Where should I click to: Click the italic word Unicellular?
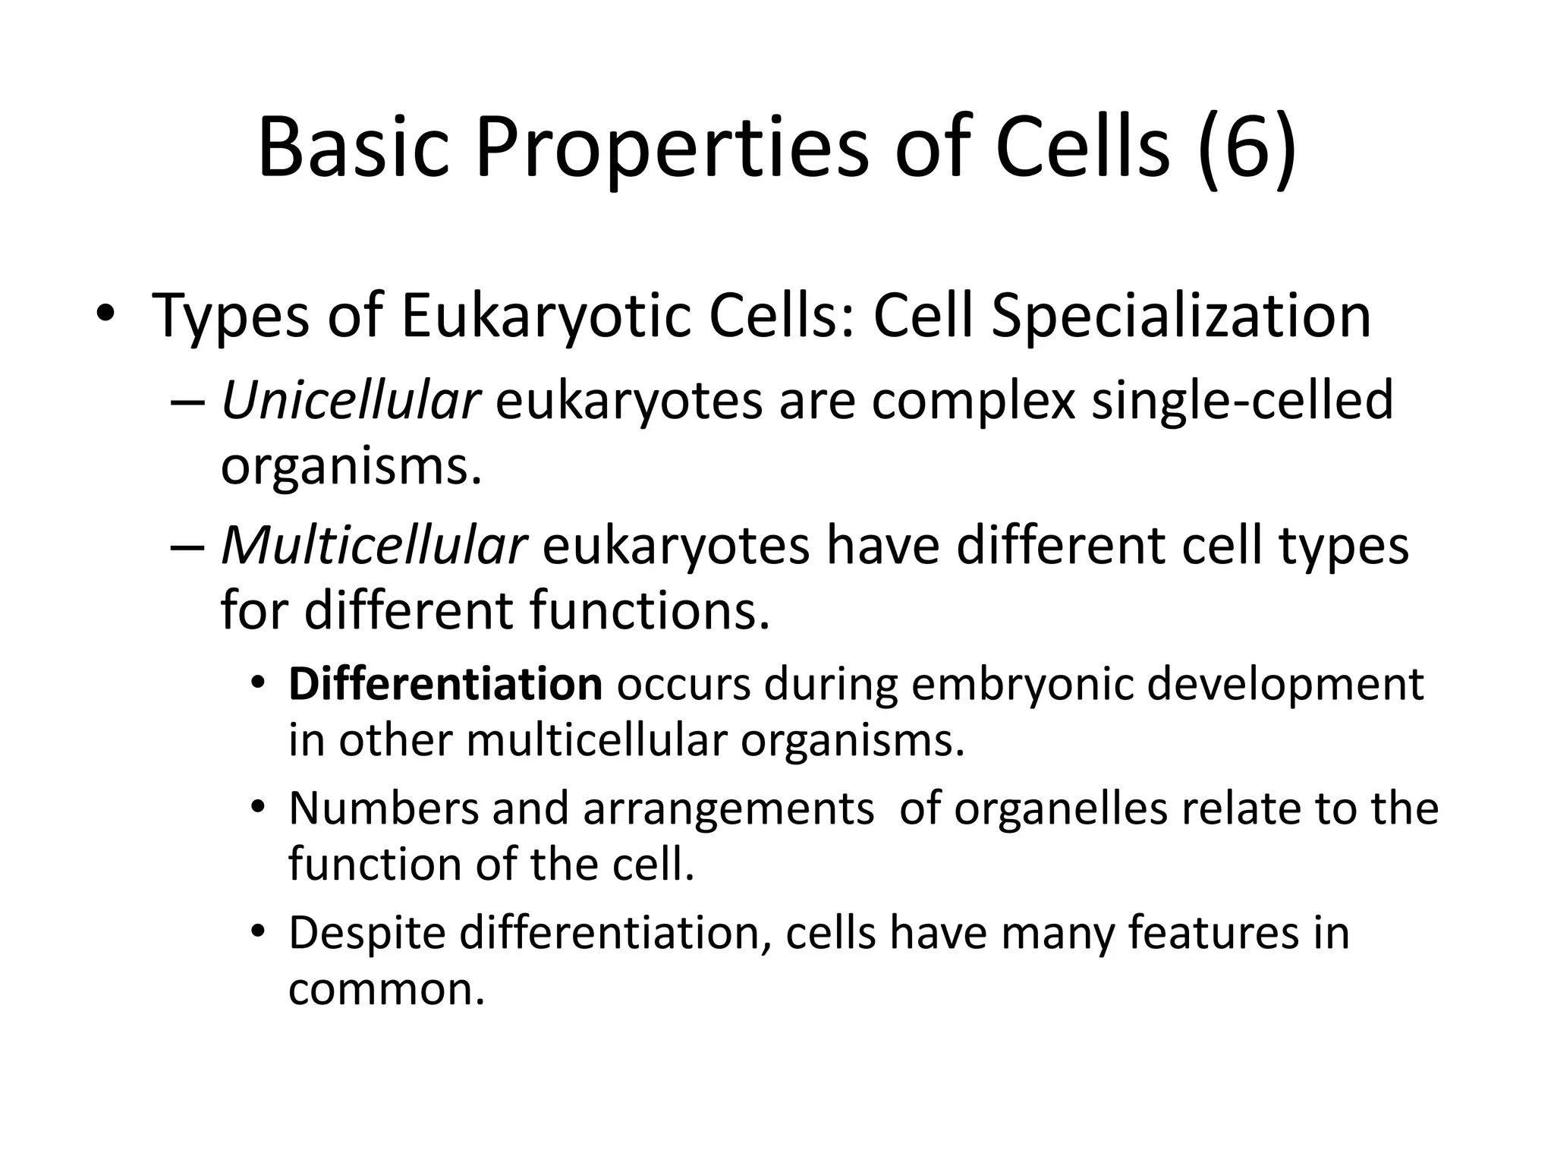coord(351,400)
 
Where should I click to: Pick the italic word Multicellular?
coord(373,545)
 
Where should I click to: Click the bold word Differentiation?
coord(445,684)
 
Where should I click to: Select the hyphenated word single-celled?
coord(1242,400)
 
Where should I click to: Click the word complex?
coord(974,400)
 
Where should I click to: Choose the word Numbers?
coord(383,808)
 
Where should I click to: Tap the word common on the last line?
coord(385,989)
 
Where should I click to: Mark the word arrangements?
coord(728,808)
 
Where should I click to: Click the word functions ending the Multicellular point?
coord(650,610)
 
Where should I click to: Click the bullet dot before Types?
coord(105,314)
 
